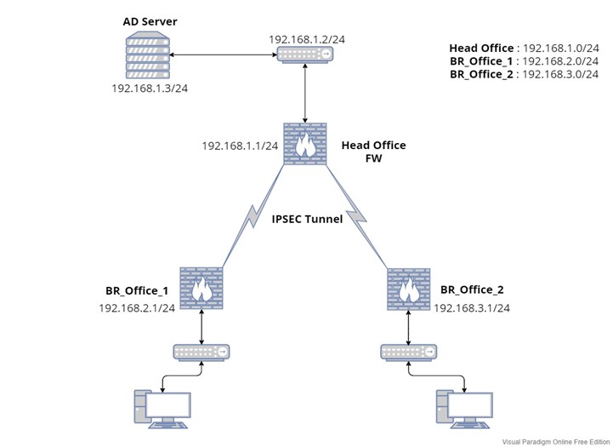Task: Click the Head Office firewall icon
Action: (x=304, y=146)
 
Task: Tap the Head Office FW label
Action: (x=373, y=152)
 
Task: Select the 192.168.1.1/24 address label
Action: (x=240, y=146)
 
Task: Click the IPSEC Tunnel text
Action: (x=307, y=219)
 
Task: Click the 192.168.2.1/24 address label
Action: (x=137, y=308)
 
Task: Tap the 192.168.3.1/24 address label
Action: (x=472, y=308)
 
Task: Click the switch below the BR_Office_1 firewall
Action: (x=201, y=351)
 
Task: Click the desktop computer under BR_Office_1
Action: (x=162, y=407)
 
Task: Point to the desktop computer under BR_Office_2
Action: (x=463, y=407)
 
